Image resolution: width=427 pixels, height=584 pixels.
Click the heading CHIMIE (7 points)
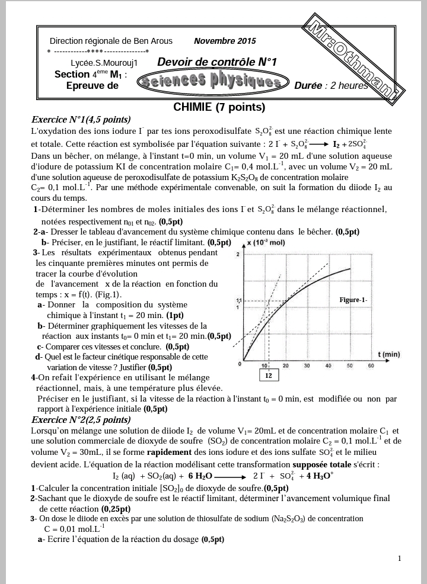point(219,107)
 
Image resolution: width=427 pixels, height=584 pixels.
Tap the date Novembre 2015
point(225,41)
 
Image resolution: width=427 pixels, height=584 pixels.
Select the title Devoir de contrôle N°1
point(217,62)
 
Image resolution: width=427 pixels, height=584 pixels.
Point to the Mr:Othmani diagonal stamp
point(355,59)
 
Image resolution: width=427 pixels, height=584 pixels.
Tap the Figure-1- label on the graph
point(353,300)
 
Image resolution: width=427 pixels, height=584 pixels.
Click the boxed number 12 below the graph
point(268,376)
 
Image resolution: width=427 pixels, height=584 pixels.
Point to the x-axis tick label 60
point(371,366)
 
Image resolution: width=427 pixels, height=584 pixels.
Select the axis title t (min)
point(388,354)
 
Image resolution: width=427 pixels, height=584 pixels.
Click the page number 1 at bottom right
point(400,558)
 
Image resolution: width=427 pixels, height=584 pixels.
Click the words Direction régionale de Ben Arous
point(111,41)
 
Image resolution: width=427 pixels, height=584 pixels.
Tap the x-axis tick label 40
point(328,366)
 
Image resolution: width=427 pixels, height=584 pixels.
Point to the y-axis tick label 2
point(238,254)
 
